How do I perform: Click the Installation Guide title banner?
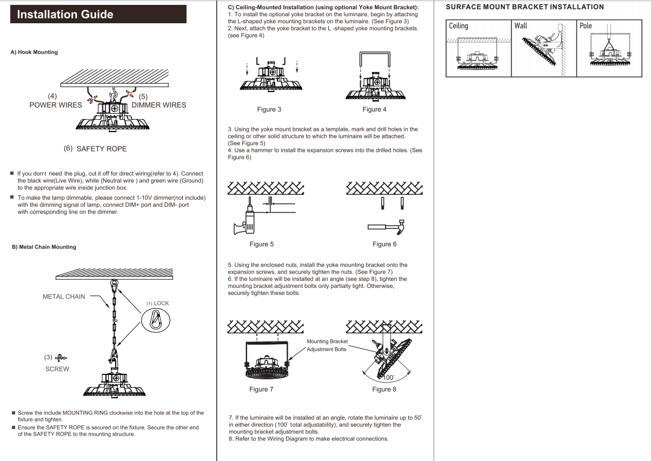pos(98,14)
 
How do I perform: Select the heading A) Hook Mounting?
pos(34,52)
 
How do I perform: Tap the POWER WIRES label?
pos(56,105)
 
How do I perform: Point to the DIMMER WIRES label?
pos(158,105)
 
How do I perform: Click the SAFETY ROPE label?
pos(102,148)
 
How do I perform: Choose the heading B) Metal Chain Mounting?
pos(44,247)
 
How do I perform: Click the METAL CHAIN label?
pos(64,297)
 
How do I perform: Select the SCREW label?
pos(57,369)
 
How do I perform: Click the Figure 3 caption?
pos(269,109)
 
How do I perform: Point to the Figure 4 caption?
pos(374,109)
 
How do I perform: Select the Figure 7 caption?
pos(261,389)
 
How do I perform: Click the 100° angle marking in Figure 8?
pos(388,377)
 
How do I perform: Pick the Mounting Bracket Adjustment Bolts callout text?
pos(327,345)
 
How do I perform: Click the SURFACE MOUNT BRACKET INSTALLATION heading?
pos(524,7)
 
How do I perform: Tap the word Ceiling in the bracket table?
pos(459,26)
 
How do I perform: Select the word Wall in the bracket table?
pos(521,26)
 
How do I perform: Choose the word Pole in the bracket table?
pos(586,26)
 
